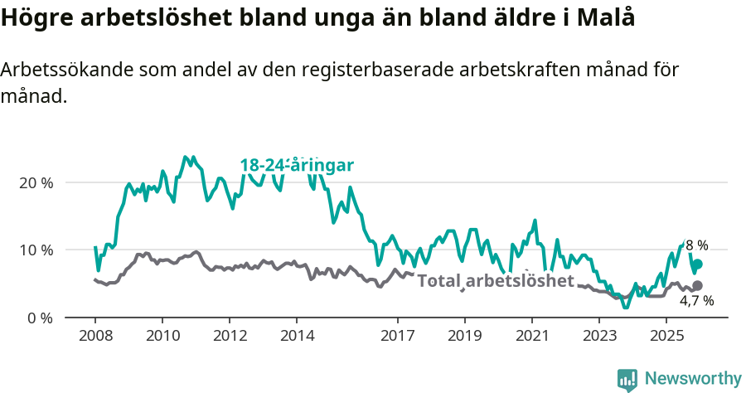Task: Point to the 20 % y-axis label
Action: (x=36, y=182)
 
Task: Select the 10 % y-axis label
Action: (x=36, y=250)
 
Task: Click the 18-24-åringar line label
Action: (x=297, y=166)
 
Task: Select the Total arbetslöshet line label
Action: (x=496, y=280)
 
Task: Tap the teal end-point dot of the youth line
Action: (x=697, y=264)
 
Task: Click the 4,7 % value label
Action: (x=696, y=301)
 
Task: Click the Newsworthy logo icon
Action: (x=627, y=379)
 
